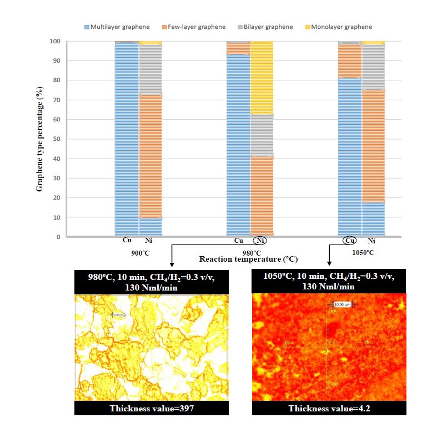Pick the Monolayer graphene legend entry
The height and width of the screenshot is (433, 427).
pos(343,27)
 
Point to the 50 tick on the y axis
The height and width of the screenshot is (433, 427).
pos(56,139)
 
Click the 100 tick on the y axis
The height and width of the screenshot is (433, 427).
pos(54,42)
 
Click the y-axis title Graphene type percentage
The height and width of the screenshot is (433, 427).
pos(40,140)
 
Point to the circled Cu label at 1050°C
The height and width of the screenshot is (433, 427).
pos(349,241)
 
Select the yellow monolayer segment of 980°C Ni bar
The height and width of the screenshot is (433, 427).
pos(262,78)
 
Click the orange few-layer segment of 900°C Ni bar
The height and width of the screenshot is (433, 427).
pos(150,155)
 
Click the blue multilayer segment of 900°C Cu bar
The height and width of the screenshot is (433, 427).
pos(127,139)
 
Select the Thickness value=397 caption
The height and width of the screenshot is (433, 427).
pos(151,408)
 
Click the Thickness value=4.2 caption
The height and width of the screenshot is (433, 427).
pos(329,408)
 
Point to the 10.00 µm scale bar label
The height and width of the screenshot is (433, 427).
pos(343,304)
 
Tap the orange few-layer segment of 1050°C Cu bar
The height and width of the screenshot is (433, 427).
pos(349,61)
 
